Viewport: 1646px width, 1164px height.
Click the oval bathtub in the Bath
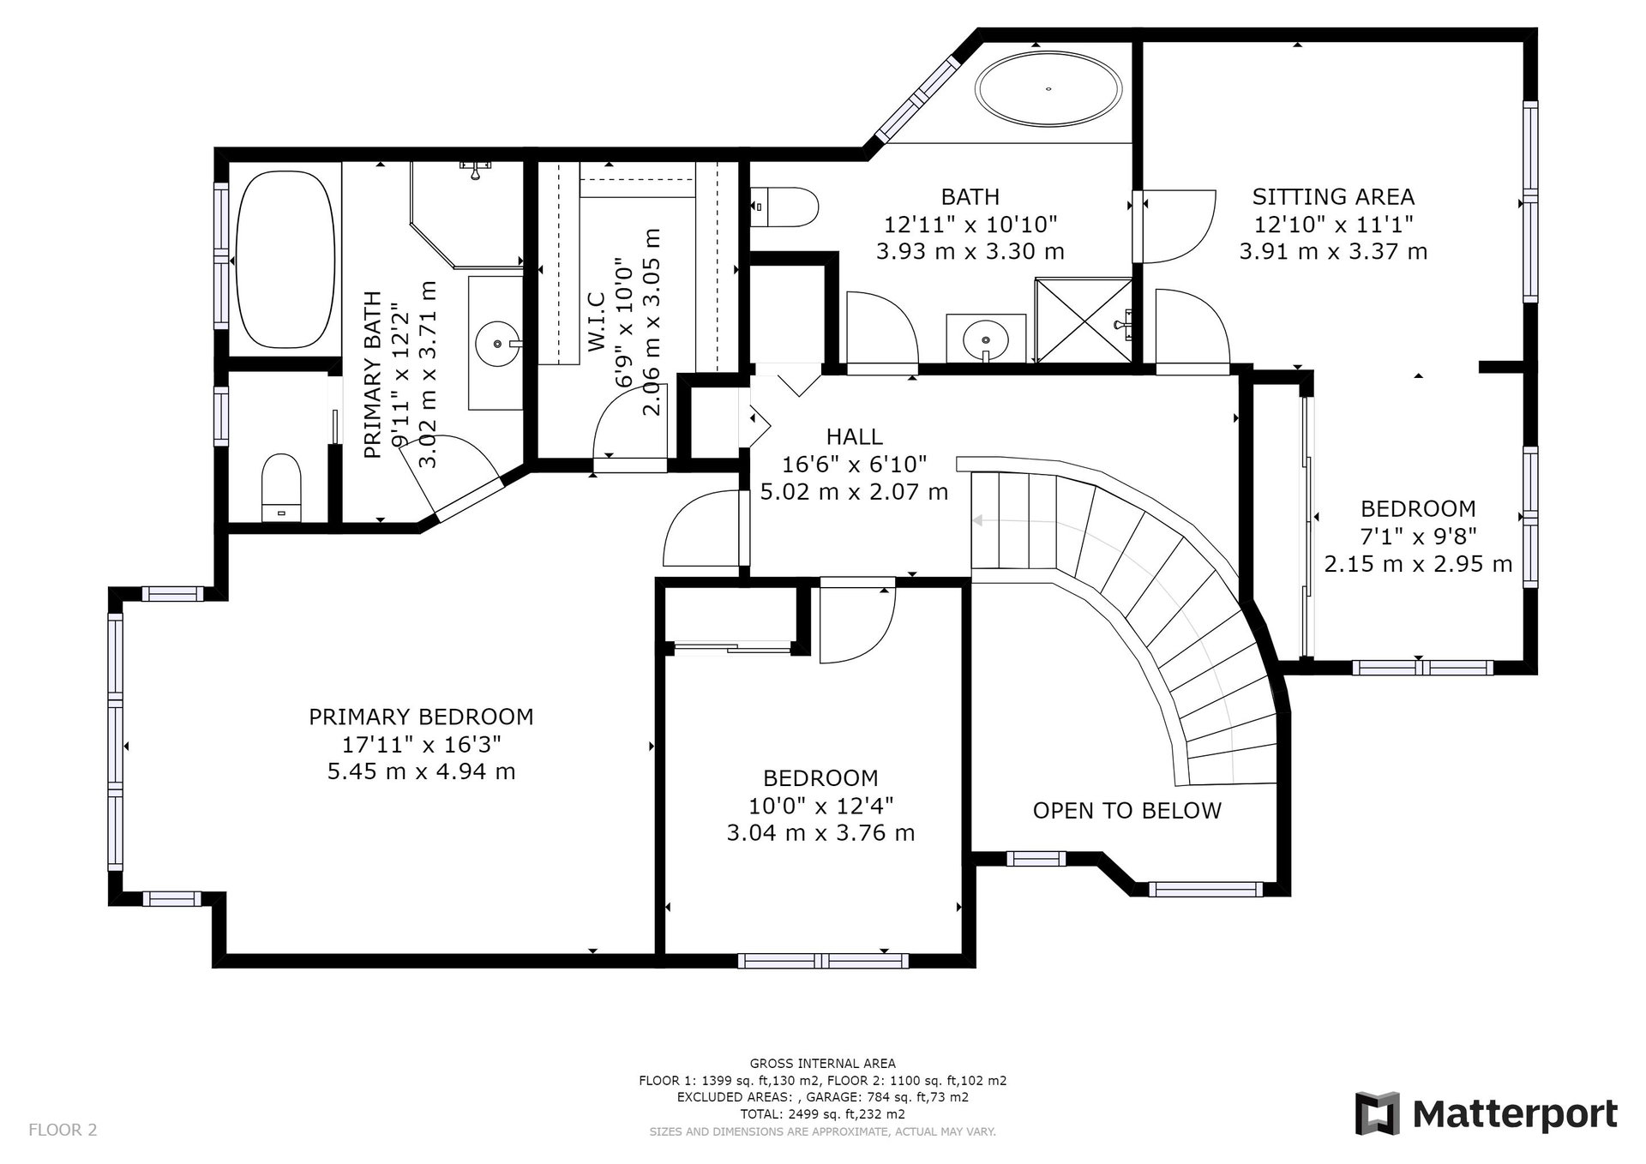pos(1049,88)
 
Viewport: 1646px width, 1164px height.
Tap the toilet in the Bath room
pos(784,207)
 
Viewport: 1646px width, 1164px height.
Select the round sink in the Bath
pos(986,339)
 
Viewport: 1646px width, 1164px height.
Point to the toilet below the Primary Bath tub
pos(281,486)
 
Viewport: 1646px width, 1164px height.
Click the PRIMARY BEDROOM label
pos(421,717)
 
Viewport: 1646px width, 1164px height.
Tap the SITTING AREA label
pos(1333,197)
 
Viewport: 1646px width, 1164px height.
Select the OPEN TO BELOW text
pos(1126,811)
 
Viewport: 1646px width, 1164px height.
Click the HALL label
pos(855,437)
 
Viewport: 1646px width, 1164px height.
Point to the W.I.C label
pos(598,321)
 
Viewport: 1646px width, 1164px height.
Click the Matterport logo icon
pos(1378,1113)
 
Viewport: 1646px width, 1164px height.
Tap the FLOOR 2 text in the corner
pos(63,1130)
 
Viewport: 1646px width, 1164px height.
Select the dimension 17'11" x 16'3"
pos(421,744)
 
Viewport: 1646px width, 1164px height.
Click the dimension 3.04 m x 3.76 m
pos(820,833)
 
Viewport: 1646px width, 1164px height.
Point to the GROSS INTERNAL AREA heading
pos(823,1064)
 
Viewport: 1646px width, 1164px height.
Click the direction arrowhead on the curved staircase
pos(976,520)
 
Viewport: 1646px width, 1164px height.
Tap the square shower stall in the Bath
pos(1084,320)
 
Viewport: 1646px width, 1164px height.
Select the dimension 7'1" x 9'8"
pos(1418,537)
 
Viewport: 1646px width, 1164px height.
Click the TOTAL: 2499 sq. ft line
pos(823,1114)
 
